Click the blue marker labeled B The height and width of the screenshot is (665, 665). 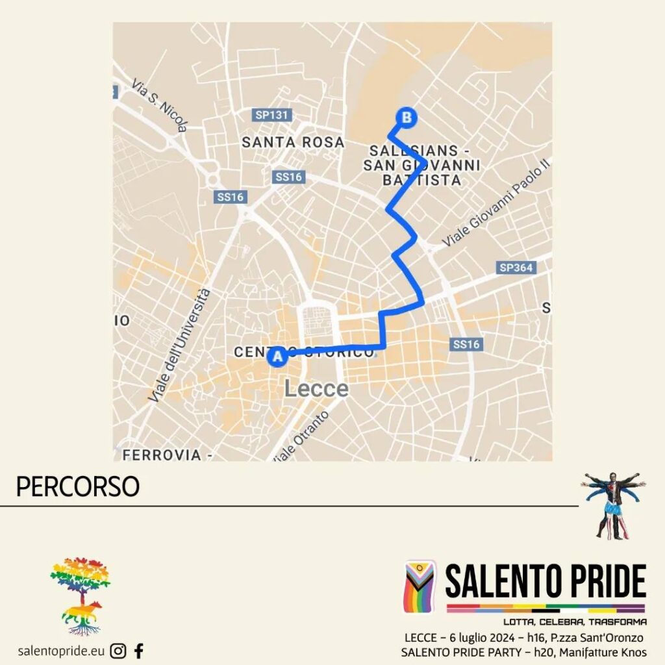406,118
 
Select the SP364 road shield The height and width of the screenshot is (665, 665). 517,268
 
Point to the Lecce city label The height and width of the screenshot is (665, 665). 316,389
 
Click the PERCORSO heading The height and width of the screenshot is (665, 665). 77,487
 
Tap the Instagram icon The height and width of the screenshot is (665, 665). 118,650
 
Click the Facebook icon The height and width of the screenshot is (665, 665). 138,650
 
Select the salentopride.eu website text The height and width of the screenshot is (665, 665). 62,651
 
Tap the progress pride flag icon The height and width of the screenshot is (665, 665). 420,586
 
